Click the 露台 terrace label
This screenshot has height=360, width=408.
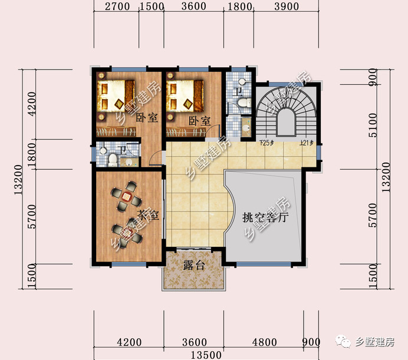[x=194, y=266]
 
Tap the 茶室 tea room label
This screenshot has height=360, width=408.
[x=147, y=215]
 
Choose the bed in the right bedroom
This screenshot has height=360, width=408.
[x=187, y=95]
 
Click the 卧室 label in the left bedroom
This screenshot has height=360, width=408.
[x=146, y=118]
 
